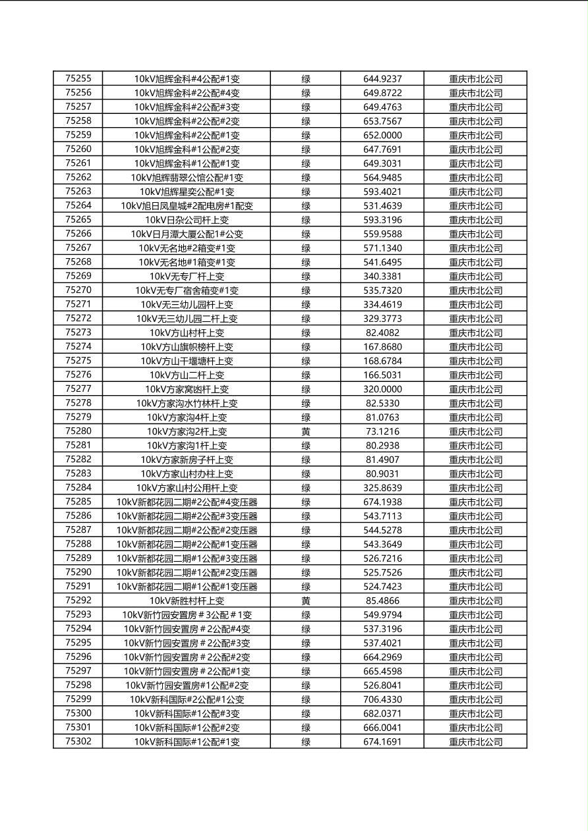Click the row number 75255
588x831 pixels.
click(x=78, y=78)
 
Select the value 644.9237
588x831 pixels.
click(x=382, y=79)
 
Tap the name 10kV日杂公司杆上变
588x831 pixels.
click(x=187, y=220)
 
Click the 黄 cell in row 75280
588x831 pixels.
click(x=306, y=431)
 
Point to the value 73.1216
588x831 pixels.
click(x=382, y=431)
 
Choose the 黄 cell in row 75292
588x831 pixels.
click(x=306, y=601)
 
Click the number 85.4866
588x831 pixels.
click(x=382, y=601)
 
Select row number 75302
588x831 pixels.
click(x=78, y=741)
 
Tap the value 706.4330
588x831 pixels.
click(x=382, y=699)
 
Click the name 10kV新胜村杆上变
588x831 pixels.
click(x=187, y=601)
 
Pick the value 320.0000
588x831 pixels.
click(x=382, y=389)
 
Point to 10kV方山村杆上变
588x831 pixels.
click(x=187, y=333)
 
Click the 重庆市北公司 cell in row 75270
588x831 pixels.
click(x=475, y=290)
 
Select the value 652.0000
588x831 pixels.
click(x=382, y=135)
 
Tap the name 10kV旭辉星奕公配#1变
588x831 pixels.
click(x=187, y=192)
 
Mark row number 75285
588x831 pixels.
click(x=78, y=502)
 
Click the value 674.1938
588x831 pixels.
click(x=382, y=502)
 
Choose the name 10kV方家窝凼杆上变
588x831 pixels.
click(x=187, y=389)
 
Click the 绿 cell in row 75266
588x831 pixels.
click(x=306, y=234)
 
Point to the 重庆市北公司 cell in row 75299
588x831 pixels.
click(x=475, y=699)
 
